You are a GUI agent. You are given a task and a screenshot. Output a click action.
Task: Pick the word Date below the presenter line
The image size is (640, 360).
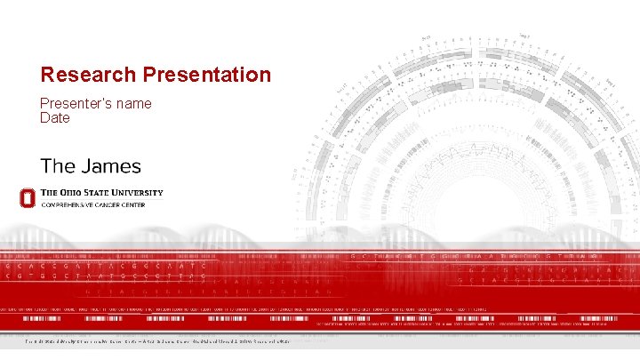pos(55,117)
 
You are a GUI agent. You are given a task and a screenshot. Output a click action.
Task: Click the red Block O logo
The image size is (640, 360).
pos(28,197)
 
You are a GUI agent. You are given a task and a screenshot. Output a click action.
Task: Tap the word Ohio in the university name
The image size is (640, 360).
pos(73,192)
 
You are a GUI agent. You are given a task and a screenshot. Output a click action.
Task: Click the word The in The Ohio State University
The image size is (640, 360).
pos(52,192)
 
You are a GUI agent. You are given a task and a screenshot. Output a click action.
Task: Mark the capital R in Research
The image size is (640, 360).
pos(47,75)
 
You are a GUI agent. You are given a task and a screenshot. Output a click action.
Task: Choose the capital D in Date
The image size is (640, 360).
pos(44,117)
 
